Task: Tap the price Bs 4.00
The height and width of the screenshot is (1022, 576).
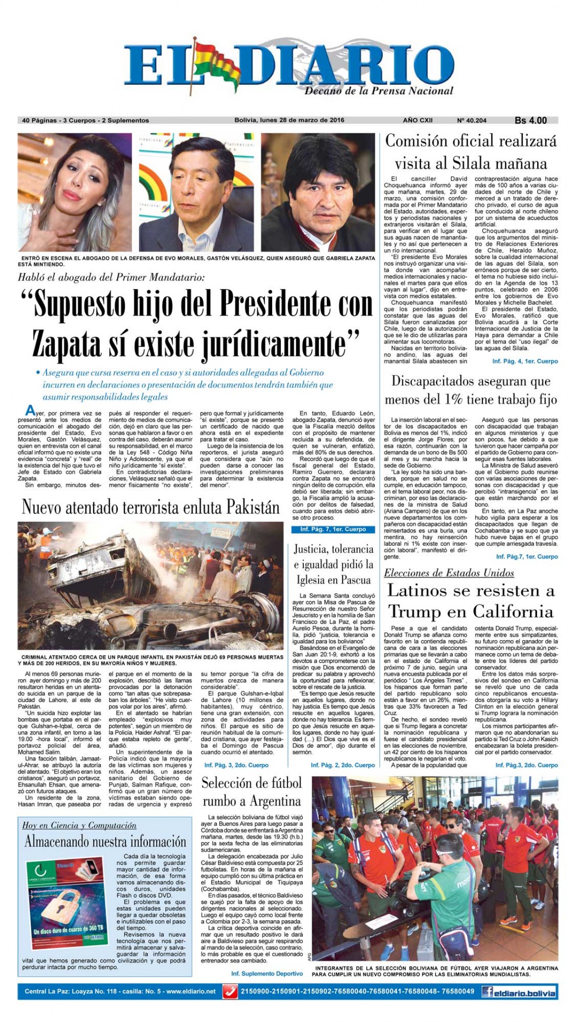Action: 530,120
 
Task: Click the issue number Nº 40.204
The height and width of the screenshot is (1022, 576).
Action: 471,120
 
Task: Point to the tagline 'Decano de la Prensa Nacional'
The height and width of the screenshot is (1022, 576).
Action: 379,90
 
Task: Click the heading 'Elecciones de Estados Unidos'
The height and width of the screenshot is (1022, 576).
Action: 449,573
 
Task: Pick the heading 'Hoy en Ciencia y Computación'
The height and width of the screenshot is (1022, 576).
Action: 79,825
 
